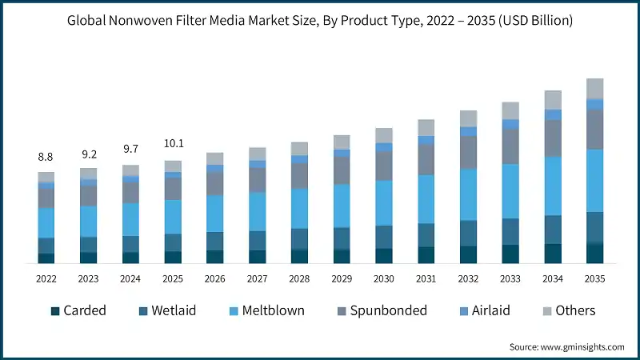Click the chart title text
tap(320, 20)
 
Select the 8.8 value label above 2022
tap(46, 158)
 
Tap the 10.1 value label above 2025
tap(173, 144)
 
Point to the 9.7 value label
tap(130, 149)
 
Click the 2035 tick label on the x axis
tap(594, 278)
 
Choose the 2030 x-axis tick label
tap(383, 278)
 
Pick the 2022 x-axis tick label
tap(46, 278)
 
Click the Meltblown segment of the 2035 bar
tap(594, 180)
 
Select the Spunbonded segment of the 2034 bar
tap(552, 138)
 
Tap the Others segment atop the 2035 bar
tap(594, 88)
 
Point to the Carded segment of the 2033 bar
tap(510, 254)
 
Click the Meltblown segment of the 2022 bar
tap(46, 222)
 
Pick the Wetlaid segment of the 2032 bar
tap(468, 233)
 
